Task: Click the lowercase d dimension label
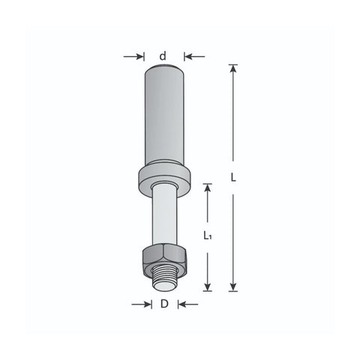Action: pyautogui.click(x=163, y=56)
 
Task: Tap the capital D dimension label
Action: pyautogui.click(x=164, y=304)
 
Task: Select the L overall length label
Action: pyautogui.click(x=233, y=178)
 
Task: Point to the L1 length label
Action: pyautogui.click(x=207, y=235)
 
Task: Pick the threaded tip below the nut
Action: pyautogui.click(x=164, y=278)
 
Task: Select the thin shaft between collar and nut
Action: pyautogui.click(x=164, y=215)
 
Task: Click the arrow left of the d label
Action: pyautogui.click(x=133, y=56)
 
